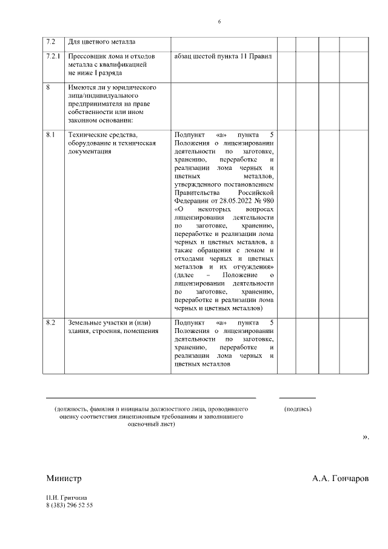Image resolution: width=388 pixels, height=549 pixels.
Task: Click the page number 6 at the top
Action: [219, 22]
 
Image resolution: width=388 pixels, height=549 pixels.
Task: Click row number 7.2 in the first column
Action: [51, 42]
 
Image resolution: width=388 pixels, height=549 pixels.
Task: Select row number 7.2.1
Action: [53, 56]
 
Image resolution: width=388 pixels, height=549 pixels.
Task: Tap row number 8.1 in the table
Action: [51, 134]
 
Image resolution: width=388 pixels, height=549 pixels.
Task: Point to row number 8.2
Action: [51, 322]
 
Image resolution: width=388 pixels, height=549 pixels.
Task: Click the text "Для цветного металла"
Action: [101, 42]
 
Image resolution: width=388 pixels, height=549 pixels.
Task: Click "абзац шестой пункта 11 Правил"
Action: [223, 56]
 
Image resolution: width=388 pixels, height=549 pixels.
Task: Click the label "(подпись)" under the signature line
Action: [298, 409]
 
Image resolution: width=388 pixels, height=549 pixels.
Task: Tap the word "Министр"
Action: [64, 478]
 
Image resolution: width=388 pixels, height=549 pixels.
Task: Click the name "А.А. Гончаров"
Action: [340, 478]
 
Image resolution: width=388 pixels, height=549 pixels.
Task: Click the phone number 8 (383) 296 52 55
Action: [70, 505]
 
